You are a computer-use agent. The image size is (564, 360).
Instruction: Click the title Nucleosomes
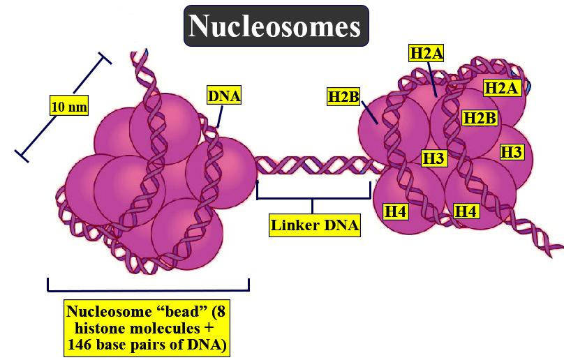(276, 27)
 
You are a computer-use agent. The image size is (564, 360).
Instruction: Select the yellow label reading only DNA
(224, 96)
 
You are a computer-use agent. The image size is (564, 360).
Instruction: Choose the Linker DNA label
(315, 225)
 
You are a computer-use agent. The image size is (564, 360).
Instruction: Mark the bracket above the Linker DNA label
(313, 198)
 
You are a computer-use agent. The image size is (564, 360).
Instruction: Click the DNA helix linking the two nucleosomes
(314, 167)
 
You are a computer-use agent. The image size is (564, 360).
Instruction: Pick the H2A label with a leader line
(428, 53)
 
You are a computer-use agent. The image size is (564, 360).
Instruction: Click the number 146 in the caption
(82, 345)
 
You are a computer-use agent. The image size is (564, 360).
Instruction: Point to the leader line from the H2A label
(433, 79)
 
